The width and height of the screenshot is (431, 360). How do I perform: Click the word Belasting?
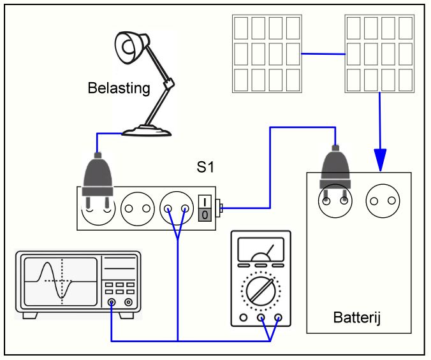[119, 88]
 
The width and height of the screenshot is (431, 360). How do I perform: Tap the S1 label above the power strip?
[205, 167]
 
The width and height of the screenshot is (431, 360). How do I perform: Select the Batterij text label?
[357, 317]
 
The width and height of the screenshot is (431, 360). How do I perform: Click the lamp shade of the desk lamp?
[131, 48]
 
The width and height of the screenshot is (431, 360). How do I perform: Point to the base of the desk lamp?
[147, 131]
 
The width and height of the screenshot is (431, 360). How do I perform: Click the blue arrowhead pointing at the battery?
[380, 160]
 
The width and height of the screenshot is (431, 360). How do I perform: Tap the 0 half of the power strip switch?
[205, 215]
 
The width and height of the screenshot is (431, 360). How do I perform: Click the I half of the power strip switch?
[205, 202]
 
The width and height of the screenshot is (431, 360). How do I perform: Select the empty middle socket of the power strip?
[138, 209]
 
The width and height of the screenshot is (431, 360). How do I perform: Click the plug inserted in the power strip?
[98, 180]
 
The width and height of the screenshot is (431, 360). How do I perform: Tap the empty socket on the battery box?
[383, 201]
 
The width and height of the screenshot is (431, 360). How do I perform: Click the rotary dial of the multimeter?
[261, 291]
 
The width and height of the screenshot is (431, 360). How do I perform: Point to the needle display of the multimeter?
[261, 249]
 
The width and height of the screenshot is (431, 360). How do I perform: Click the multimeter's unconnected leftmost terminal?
[244, 318]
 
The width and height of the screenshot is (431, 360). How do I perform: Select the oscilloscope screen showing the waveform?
[61, 282]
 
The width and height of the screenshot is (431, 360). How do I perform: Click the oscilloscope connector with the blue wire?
[112, 303]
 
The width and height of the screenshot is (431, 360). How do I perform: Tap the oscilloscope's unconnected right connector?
[128, 303]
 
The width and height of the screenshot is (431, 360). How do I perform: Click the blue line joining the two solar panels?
[323, 54]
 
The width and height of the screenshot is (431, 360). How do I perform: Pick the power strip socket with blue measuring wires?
[177, 209]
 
